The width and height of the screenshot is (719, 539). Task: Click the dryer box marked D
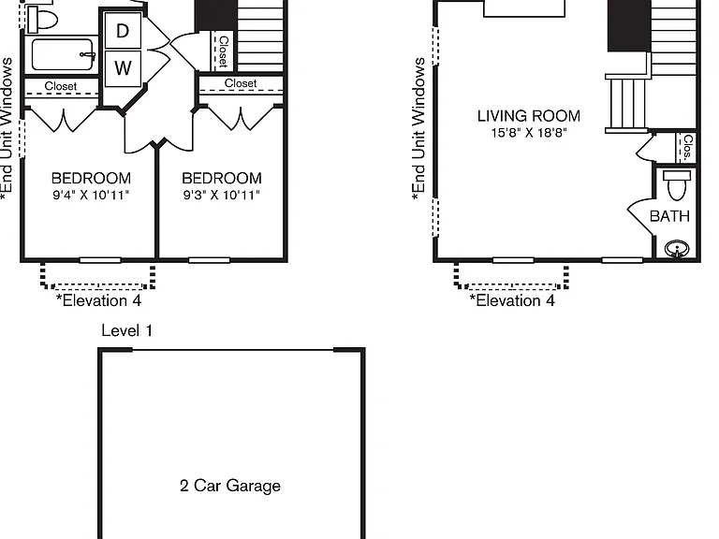point(123,30)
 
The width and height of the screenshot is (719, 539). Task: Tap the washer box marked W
point(123,68)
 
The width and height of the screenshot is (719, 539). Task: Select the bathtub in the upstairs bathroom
point(64,54)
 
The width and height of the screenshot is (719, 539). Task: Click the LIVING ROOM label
point(529,116)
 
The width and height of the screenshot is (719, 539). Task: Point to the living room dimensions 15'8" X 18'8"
point(529,133)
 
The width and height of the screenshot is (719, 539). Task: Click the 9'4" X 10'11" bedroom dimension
point(91,196)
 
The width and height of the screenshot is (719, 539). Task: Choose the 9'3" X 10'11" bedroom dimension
point(222,196)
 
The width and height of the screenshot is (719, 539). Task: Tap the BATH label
point(669,216)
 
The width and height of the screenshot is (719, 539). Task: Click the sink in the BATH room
point(677,249)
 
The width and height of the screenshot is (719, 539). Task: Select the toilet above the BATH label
point(677,185)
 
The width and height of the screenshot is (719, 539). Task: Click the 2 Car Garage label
point(230,486)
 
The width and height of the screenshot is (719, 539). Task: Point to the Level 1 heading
point(127,330)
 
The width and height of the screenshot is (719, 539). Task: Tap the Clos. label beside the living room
point(687,147)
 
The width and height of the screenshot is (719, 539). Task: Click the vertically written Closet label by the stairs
point(224,51)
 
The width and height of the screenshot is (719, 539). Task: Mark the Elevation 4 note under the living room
point(512,300)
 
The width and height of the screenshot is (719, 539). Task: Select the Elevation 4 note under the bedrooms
point(98,300)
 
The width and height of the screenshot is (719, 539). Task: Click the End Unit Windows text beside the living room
point(418,129)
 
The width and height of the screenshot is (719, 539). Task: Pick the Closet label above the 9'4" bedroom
point(61,86)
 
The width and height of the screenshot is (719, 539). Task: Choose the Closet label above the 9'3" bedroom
point(241,83)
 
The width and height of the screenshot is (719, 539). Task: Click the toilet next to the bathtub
point(43,20)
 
